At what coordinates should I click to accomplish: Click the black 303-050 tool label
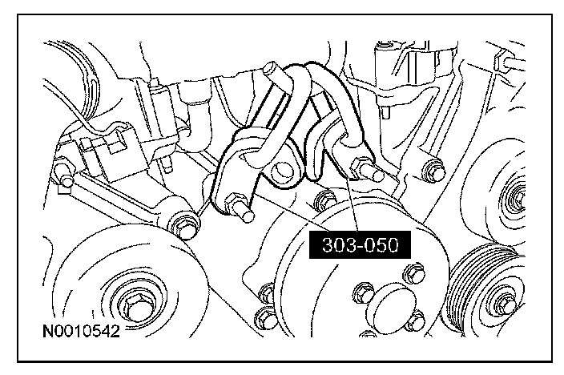point(360,244)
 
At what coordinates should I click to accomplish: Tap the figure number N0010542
point(81,331)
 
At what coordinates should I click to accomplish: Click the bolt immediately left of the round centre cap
point(363,293)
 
